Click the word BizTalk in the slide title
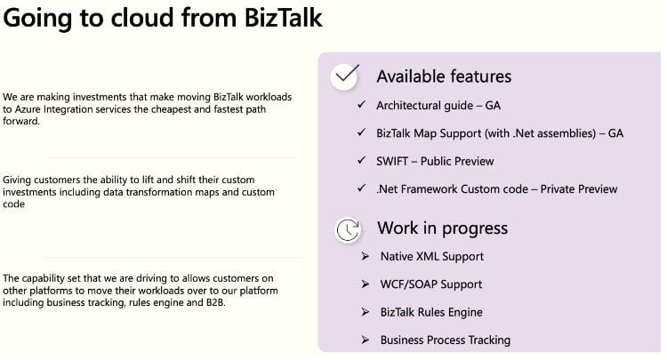[283, 18]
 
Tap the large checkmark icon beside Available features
[345, 76]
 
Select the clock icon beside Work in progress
[348, 230]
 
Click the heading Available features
[444, 76]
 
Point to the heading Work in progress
[442, 228]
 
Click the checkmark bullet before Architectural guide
[362, 105]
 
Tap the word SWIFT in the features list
[392, 162]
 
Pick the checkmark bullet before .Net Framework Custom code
[362, 188]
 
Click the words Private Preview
[579, 189]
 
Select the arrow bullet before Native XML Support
[365, 256]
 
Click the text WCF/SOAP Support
[431, 284]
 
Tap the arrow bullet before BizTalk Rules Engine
[365, 312]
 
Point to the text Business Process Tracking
[446, 340]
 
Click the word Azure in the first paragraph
[28, 109]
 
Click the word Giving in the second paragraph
[17, 180]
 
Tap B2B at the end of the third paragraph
[216, 302]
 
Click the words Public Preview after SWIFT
[457, 162]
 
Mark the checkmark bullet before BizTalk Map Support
[362, 132]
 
